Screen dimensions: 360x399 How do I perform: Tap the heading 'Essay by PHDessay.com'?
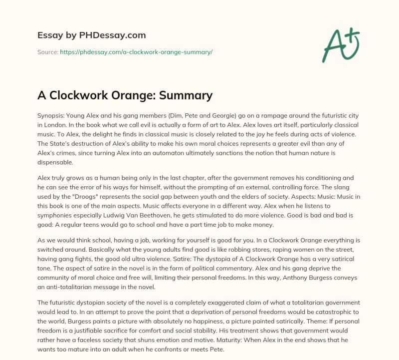92,35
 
